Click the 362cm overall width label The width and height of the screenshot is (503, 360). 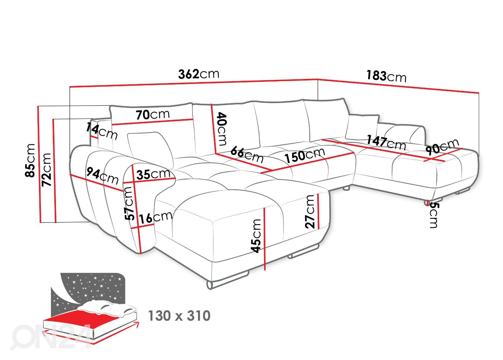pyautogui.click(x=198, y=74)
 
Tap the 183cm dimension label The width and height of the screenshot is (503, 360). pyautogui.click(x=386, y=76)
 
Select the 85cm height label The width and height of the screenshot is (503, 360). pyautogui.click(x=31, y=160)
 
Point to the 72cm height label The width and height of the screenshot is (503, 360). pyautogui.click(x=46, y=169)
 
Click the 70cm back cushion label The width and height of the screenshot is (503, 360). pyautogui.click(x=153, y=115)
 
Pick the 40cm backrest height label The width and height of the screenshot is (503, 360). pyautogui.click(x=221, y=129)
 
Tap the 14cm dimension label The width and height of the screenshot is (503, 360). pyautogui.click(x=102, y=131)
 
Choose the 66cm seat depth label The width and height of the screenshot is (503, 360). pyautogui.click(x=247, y=154)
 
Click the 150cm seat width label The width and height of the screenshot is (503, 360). pyautogui.click(x=304, y=155)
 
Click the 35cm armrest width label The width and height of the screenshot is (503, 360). pyautogui.click(x=153, y=174)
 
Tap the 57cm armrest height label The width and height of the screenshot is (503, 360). pyautogui.click(x=129, y=203)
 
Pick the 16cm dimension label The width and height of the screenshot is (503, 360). pyautogui.click(x=156, y=217)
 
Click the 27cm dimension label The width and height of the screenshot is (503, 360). pyautogui.click(x=310, y=211)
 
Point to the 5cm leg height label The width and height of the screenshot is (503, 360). pyautogui.click(x=433, y=215)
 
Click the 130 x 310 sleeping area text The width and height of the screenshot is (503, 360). pyautogui.click(x=179, y=316)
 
